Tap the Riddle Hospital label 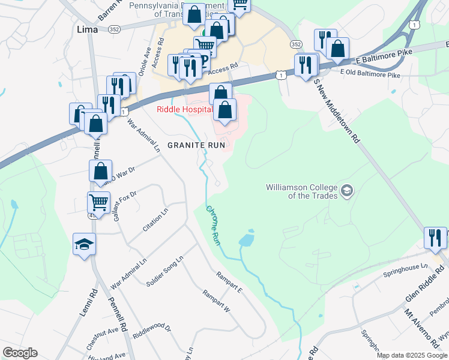pos(185,109)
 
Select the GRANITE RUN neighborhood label pos(196,145)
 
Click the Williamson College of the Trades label pos(302,191)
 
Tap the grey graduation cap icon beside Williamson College pos(346,191)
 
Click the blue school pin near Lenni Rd pos(85,244)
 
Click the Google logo pos(20,353)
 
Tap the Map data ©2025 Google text pos(412,355)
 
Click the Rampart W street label pos(216,302)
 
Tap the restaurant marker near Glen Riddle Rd pos(435,238)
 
